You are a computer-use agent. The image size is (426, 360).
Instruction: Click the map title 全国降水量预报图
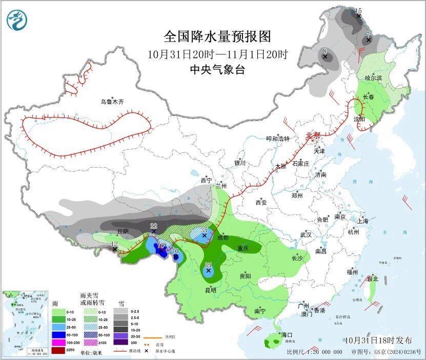[217, 37]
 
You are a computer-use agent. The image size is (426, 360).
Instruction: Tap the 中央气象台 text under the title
[217, 70]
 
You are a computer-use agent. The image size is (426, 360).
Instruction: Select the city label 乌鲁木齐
[112, 102]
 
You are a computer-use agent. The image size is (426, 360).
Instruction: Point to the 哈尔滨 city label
[373, 77]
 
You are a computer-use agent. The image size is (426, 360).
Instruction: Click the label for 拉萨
[123, 231]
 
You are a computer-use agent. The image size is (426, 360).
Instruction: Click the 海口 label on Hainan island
[286, 335]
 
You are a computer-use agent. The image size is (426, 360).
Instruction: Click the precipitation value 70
[175, 251]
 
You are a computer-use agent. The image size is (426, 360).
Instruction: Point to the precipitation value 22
[153, 226]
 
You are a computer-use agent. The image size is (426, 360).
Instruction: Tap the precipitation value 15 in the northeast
[358, 10]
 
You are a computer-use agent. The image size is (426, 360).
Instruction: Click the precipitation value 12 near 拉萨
[114, 244]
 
